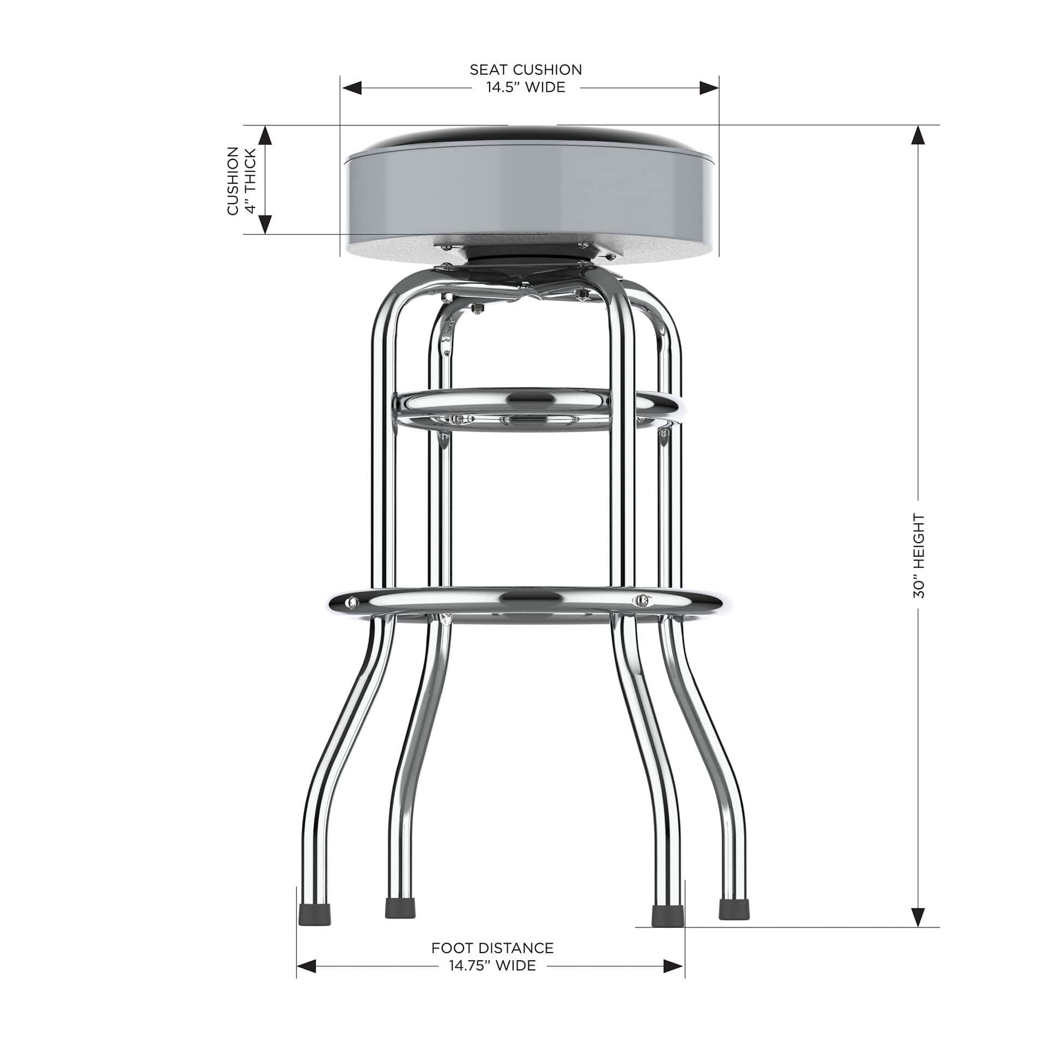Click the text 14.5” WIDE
526,87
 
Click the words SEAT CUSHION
526,70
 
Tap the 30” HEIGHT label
919,556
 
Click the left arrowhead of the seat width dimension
352,88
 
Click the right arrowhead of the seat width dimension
708,88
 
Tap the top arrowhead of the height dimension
919,135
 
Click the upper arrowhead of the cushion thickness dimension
265,135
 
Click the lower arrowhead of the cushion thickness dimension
265,224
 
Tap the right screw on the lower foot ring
642,600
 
